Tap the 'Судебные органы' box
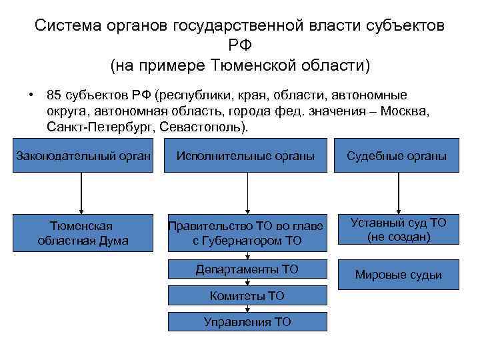coord(398,155)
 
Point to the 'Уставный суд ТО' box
coord(398,230)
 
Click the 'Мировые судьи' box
coord(398,275)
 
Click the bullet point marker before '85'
coord(31,95)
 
